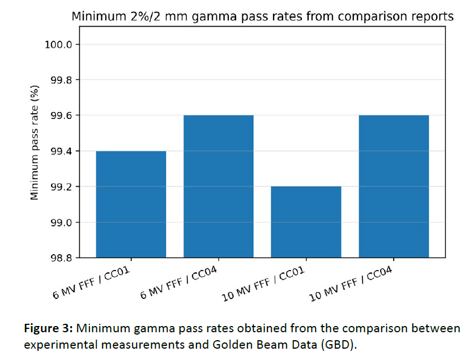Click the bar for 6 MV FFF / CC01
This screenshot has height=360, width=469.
click(131, 204)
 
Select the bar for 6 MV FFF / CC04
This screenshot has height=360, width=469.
click(219, 186)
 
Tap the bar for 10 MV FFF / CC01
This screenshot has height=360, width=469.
click(306, 222)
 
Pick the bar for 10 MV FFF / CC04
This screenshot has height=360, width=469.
click(394, 186)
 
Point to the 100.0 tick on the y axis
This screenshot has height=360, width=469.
click(58, 45)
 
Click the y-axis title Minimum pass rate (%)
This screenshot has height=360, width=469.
click(35, 143)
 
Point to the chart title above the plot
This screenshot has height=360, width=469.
click(262, 16)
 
